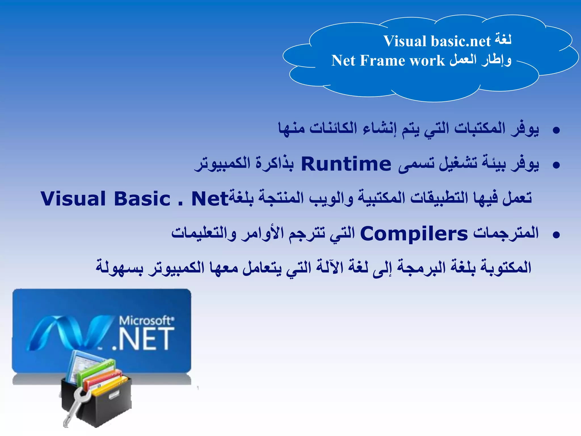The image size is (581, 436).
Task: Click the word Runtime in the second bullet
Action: point(346,164)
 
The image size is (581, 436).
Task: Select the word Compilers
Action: point(414,234)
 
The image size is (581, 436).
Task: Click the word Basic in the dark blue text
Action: point(142,199)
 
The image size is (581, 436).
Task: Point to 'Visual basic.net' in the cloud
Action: point(437,41)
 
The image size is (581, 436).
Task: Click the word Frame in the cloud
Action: point(383,61)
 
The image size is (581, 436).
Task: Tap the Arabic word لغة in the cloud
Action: point(503,40)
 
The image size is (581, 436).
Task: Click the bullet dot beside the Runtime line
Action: point(556,165)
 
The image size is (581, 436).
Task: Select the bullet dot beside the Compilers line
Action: point(556,235)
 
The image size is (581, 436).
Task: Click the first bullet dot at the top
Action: point(556,130)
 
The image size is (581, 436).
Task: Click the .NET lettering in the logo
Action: point(143,339)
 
